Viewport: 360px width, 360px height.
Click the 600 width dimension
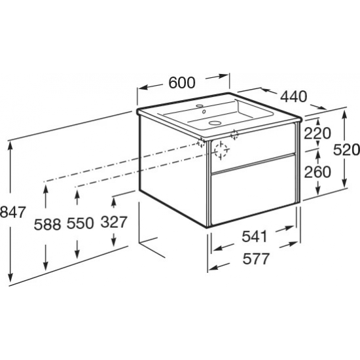[182, 82]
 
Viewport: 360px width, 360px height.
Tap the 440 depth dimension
[294, 96]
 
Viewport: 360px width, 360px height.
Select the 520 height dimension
[346, 150]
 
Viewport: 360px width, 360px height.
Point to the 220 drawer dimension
[317, 134]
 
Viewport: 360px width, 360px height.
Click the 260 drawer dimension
[317, 172]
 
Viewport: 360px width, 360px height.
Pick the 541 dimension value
[255, 236]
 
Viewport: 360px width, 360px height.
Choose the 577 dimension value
[256, 259]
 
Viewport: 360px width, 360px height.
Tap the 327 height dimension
[114, 222]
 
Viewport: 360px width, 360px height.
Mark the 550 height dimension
[81, 223]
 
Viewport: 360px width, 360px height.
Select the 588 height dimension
[47, 225]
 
